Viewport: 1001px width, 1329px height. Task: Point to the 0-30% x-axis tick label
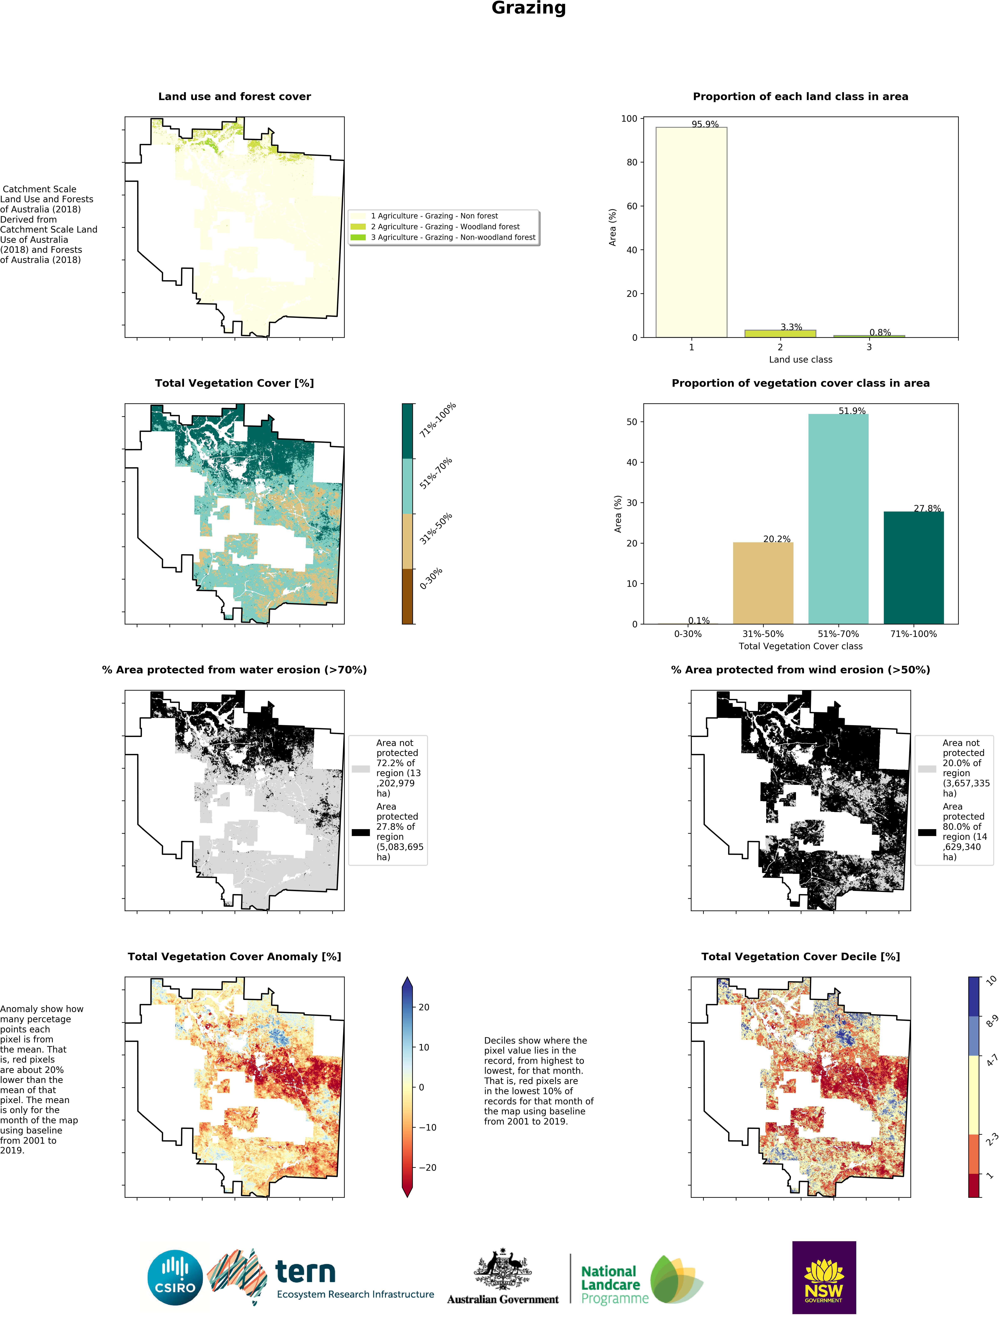pos(688,634)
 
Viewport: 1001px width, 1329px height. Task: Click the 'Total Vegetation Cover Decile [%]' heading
pos(800,956)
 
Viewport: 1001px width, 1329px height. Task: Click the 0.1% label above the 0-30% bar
pos(699,621)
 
